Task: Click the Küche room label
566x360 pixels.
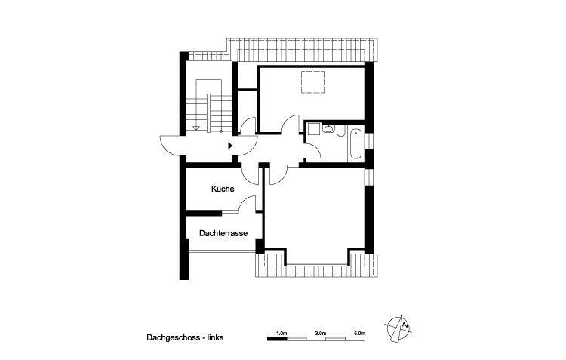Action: coord(223,189)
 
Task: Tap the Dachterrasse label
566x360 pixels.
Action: coord(223,234)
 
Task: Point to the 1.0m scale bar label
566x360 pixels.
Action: coord(281,332)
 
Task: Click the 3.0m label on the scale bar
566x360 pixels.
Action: coord(320,332)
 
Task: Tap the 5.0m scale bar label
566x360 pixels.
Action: coord(359,332)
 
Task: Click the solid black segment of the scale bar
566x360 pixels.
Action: coord(279,340)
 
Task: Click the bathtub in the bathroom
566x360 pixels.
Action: coord(354,143)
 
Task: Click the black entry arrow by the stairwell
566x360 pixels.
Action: coord(229,144)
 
